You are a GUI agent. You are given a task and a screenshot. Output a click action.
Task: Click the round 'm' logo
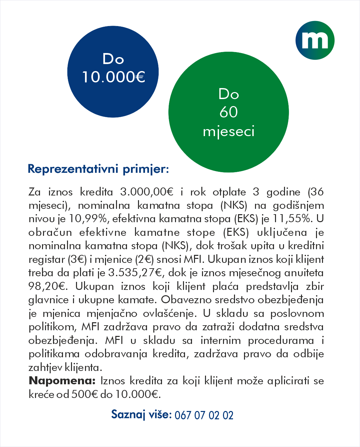click(x=315, y=40)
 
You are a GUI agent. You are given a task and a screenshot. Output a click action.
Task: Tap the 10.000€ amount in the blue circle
click(x=113, y=77)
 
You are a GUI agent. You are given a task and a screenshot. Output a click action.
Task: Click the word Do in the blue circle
click(x=113, y=59)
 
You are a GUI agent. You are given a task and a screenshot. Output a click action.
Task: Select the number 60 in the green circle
click(x=229, y=112)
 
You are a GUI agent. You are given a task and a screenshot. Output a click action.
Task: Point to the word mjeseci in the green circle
click(x=229, y=131)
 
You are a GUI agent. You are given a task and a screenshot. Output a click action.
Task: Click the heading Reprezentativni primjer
click(x=98, y=169)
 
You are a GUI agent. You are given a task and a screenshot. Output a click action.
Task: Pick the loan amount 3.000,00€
click(x=147, y=192)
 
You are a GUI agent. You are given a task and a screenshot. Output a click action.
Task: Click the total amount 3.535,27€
click(x=135, y=273)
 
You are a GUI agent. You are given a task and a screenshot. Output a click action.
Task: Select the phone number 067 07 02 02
click(x=204, y=415)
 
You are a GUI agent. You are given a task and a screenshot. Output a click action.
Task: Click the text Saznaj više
click(x=141, y=415)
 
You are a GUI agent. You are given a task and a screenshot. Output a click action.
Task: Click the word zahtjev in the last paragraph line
click(x=45, y=368)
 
